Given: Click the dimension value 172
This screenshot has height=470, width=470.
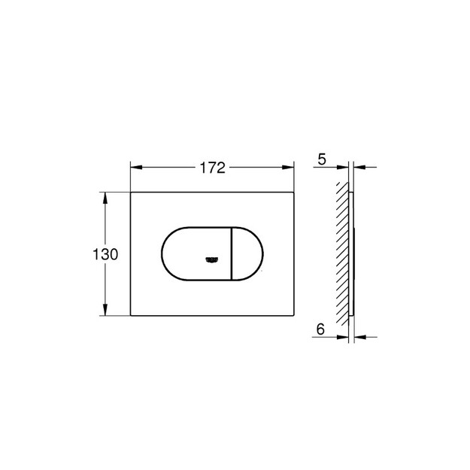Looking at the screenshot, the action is point(213,168).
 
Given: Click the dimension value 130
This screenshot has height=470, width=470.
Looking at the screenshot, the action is point(105,254).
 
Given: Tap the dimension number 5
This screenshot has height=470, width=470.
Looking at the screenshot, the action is point(322,159).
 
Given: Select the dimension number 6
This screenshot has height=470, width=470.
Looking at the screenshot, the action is point(320,329).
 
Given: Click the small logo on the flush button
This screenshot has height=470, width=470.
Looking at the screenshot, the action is point(212,260).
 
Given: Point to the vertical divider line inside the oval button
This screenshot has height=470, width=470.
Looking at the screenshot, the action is point(231,254).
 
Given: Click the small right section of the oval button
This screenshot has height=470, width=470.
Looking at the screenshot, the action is point(247,254).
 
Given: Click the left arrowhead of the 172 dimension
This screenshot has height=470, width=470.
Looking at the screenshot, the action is point(136,167).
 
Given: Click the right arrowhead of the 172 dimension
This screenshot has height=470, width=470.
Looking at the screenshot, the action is point(288,167).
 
